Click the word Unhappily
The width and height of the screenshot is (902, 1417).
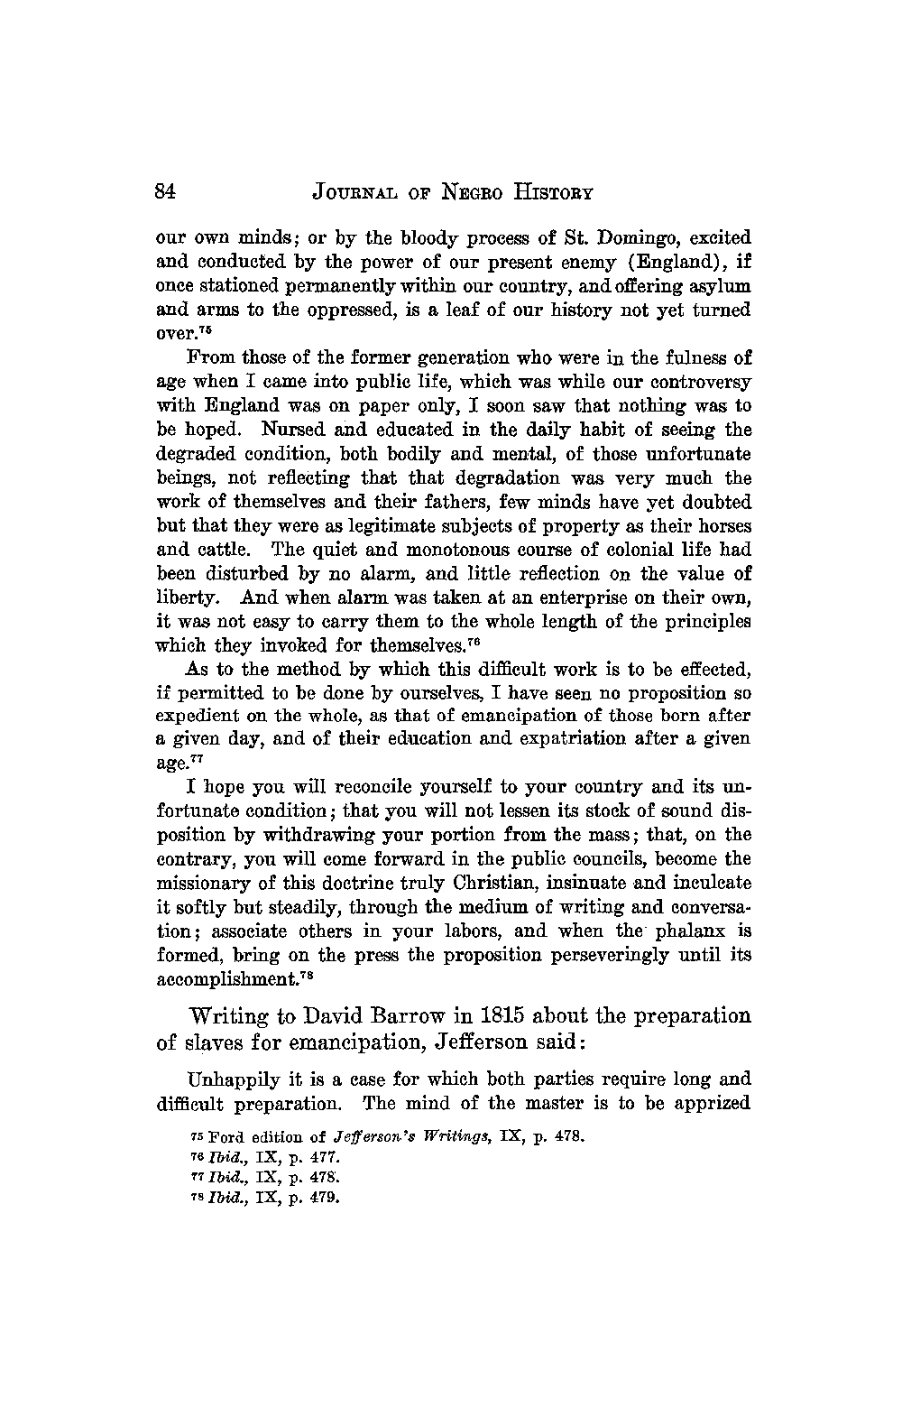(229, 1079)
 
